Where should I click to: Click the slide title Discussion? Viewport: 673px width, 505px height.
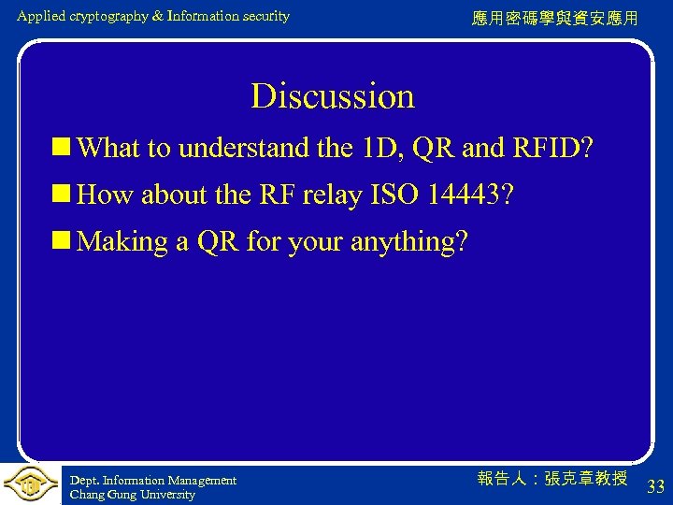tap(332, 96)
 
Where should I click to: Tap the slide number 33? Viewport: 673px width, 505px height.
tap(655, 486)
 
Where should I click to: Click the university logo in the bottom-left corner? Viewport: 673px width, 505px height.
tap(30, 483)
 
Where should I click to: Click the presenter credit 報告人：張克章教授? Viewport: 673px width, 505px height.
tap(551, 479)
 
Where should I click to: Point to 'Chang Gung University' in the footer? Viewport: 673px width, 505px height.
tap(132, 495)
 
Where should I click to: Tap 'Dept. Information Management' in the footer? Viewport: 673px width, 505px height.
tap(153, 481)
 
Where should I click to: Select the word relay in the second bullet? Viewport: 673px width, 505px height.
tap(332, 195)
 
